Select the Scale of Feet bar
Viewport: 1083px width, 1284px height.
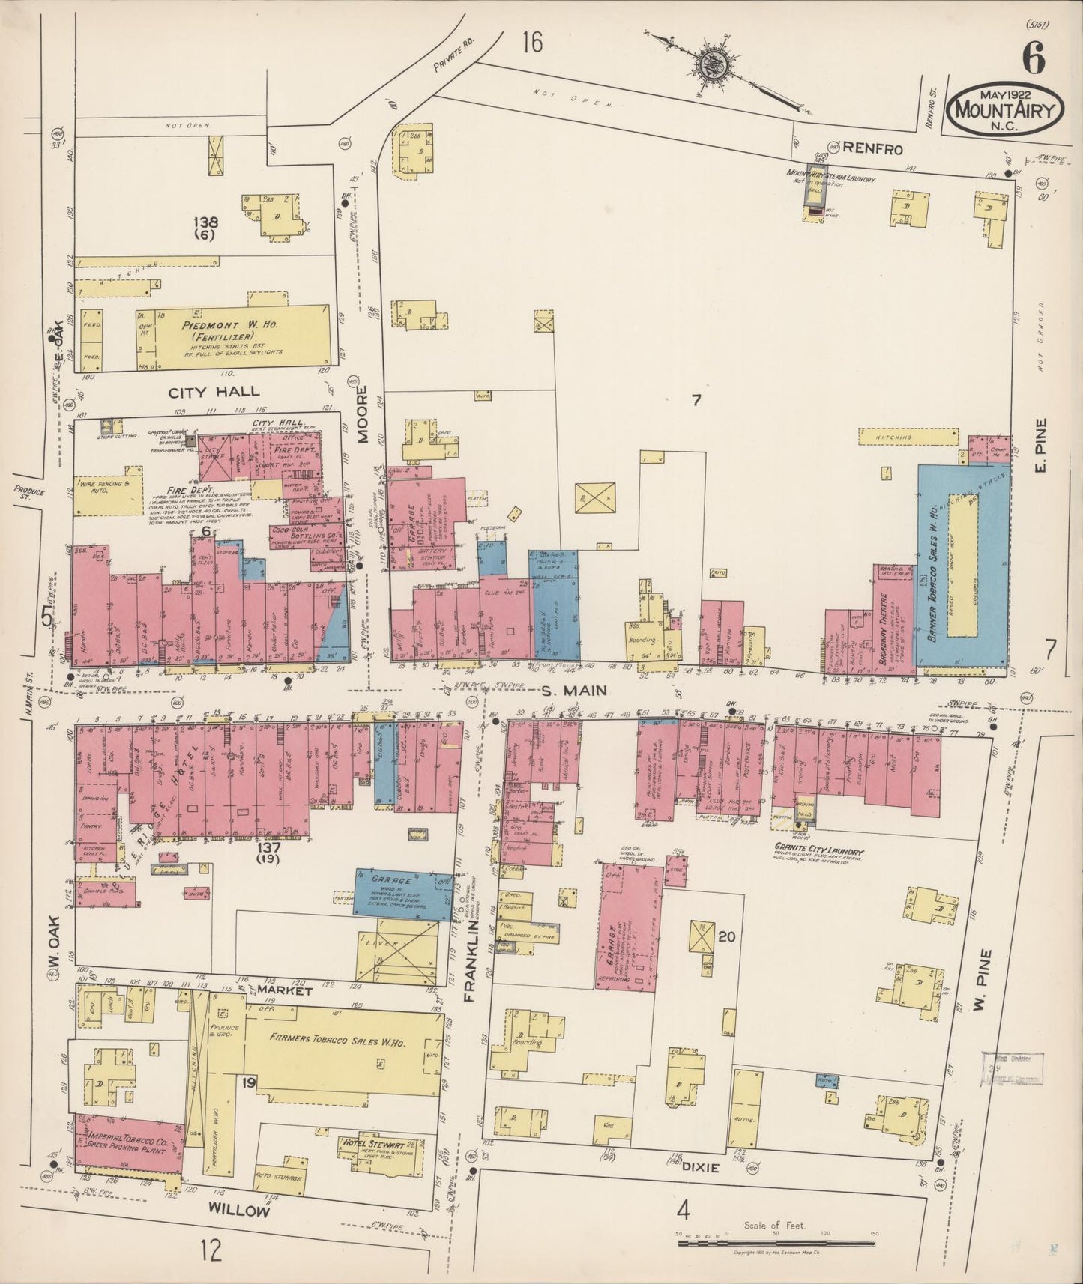click(x=776, y=1242)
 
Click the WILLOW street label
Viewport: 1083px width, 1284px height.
click(x=238, y=1209)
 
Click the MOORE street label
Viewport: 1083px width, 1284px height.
click(x=363, y=415)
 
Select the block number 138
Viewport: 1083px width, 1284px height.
click(x=205, y=222)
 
